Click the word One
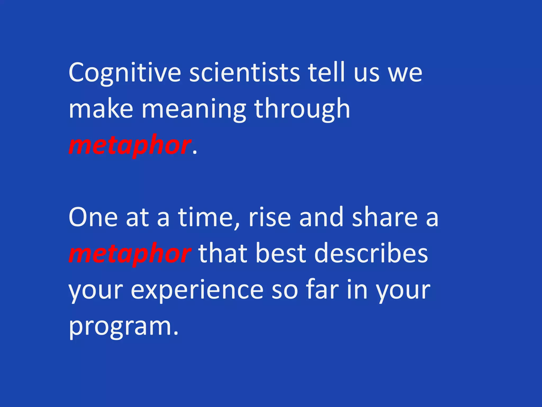pyautogui.click(x=93, y=217)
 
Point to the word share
pyautogui.click(x=385, y=217)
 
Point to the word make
pyautogui.click(x=101, y=109)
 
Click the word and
pyautogui.click(x=321, y=217)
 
